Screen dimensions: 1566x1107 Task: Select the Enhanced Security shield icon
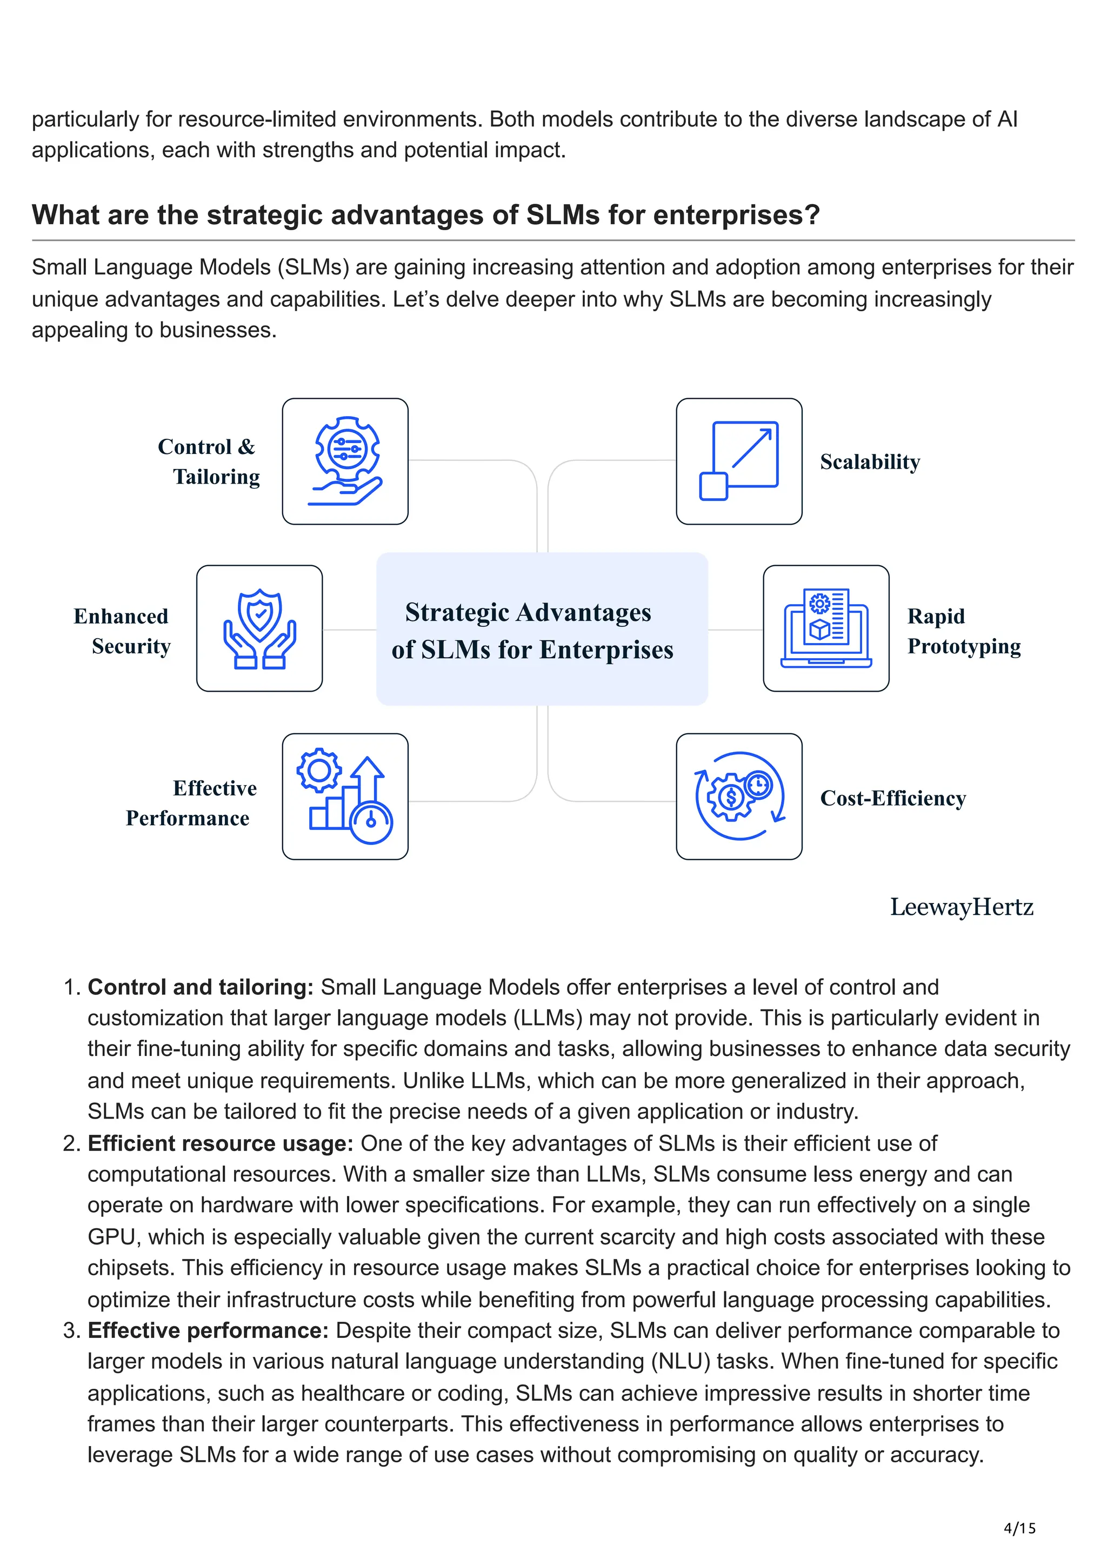[x=259, y=628]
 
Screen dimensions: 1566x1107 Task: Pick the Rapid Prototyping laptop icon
[x=825, y=628]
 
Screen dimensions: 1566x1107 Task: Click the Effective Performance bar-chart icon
[x=345, y=796]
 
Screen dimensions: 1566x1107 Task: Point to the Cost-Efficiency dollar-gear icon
[x=739, y=796]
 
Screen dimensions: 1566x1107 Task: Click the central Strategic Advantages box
[x=542, y=629]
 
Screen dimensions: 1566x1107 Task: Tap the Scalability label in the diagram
[x=870, y=463]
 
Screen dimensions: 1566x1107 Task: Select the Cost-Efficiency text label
[x=892, y=798]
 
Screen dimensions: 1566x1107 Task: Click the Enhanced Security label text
[x=123, y=631]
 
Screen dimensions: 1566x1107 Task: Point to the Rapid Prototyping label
[x=963, y=631]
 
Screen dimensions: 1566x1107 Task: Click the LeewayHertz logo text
[x=961, y=907]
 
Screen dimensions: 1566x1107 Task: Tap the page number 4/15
[x=1019, y=1529]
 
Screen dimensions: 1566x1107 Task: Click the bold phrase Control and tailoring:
[x=201, y=987]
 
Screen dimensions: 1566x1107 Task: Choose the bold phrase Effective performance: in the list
[x=208, y=1330]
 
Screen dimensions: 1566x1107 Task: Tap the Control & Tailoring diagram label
[x=208, y=462]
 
